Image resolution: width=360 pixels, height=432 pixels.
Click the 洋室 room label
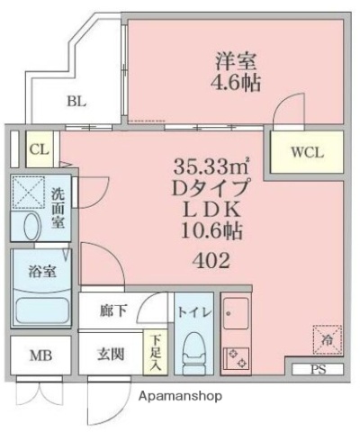[237, 62]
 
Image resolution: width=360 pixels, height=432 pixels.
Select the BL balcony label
[76, 102]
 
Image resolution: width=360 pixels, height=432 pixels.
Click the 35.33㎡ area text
[211, 168]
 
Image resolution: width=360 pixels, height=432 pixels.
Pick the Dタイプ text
[211, 190]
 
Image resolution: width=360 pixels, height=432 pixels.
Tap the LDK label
[211, 211]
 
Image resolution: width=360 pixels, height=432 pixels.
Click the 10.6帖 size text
[211, 231]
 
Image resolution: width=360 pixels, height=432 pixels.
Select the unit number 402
[211, 261]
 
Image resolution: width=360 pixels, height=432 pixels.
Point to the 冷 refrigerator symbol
[325, 340]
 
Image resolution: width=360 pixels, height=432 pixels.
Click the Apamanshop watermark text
[180, 396]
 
